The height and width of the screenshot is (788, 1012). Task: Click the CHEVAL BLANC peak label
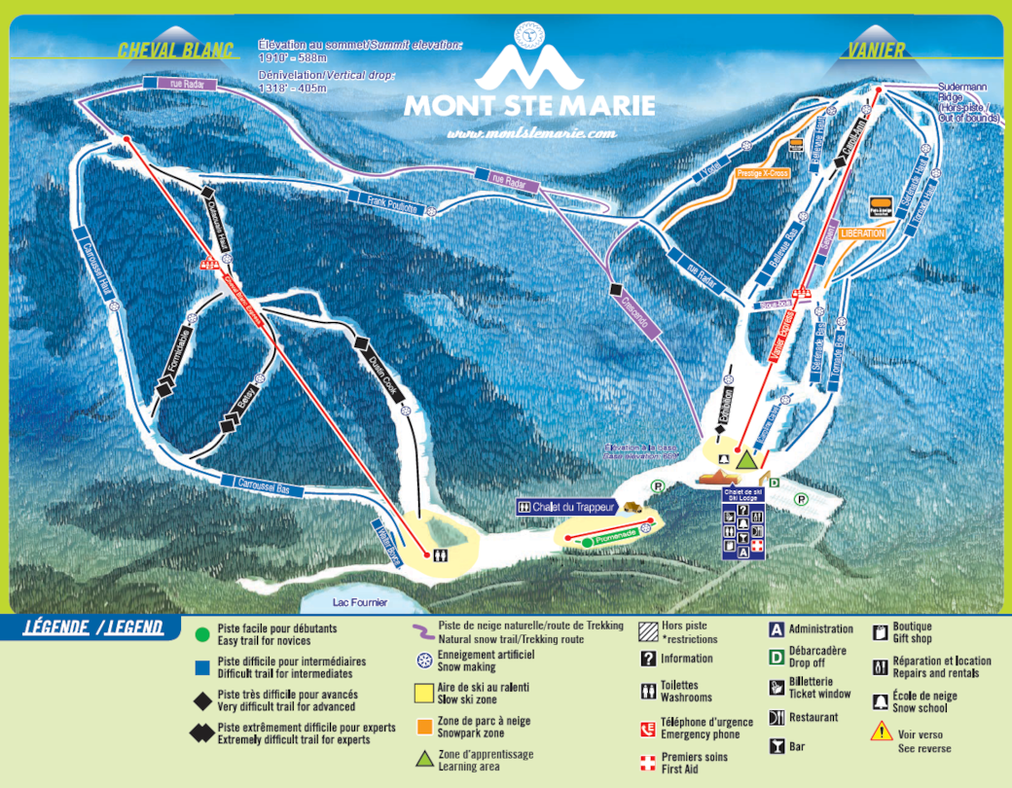176,51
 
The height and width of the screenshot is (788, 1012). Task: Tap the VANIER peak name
876,51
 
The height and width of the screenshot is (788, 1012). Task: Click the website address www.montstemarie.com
531,132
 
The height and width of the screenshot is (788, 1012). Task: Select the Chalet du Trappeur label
573,507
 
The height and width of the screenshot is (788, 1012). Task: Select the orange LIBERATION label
863,233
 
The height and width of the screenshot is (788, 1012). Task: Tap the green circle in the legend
201,634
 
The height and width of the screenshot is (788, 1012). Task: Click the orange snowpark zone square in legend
424,726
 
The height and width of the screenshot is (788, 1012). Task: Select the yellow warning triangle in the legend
881,731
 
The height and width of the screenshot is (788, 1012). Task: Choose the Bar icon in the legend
777,746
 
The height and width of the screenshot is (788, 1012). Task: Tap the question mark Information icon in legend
648,658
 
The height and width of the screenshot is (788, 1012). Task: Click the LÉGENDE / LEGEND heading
93,627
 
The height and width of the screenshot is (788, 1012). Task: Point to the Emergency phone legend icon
648,728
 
